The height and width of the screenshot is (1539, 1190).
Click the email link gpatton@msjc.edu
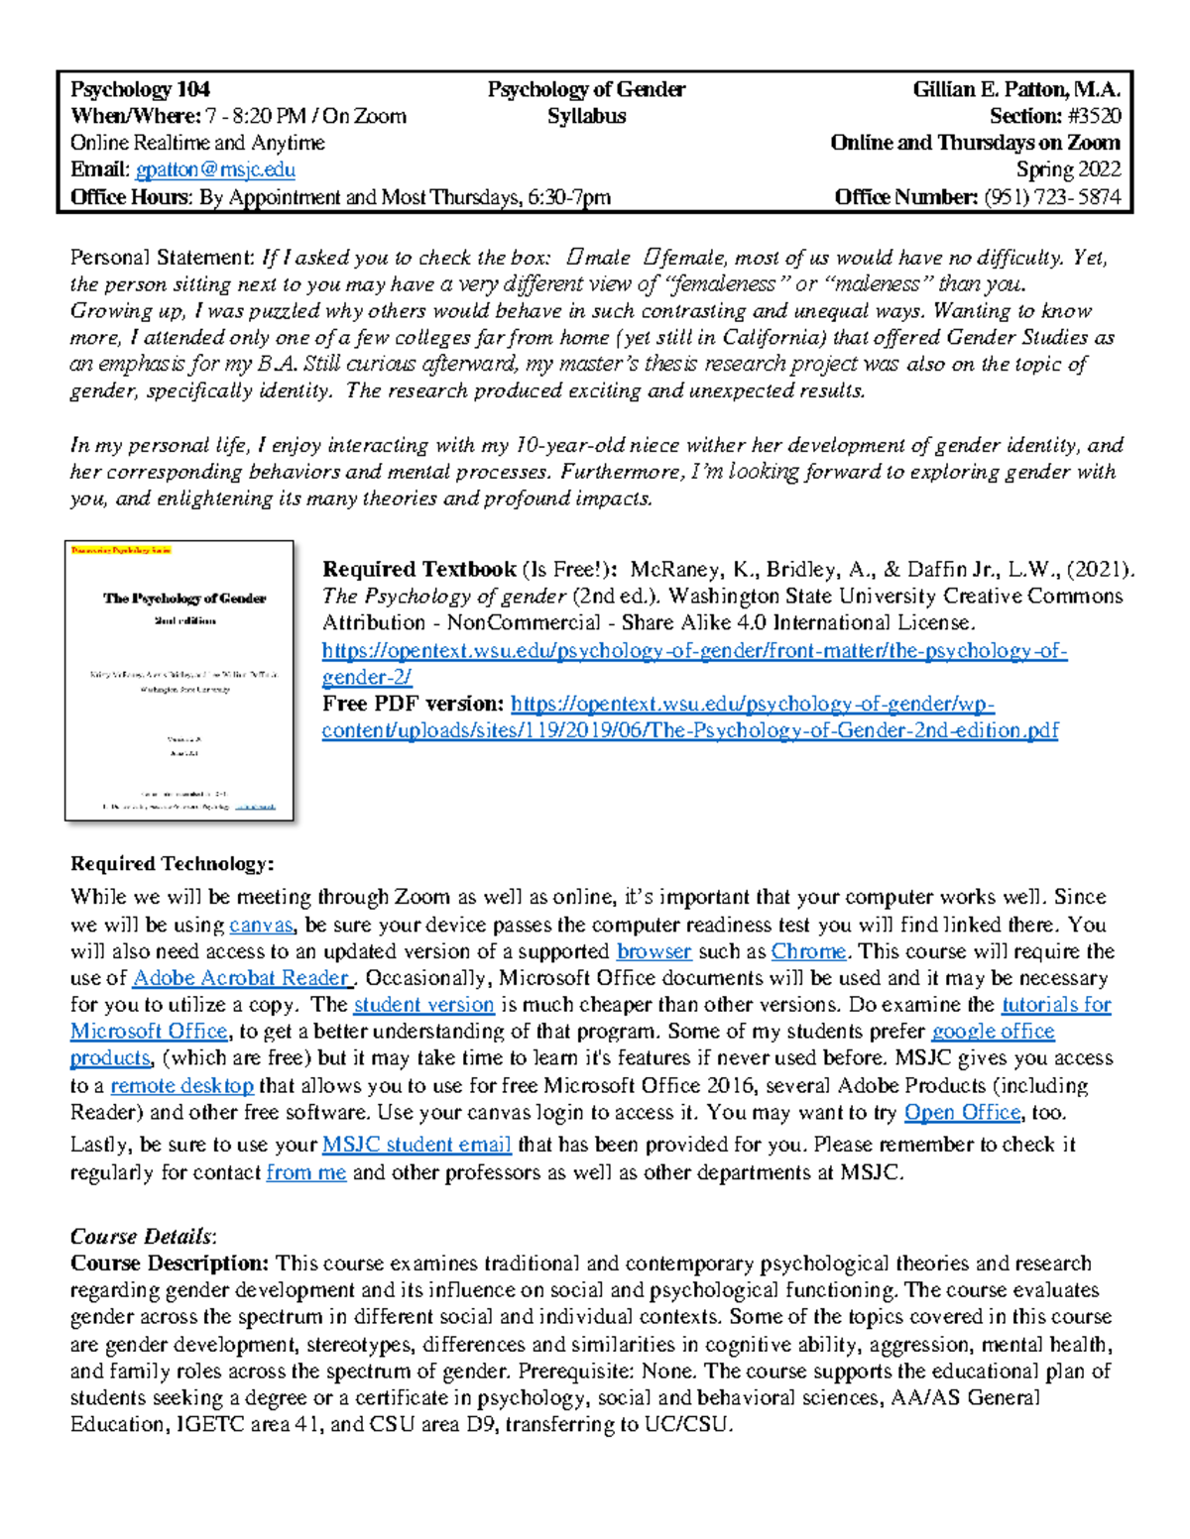[x=215, y=170]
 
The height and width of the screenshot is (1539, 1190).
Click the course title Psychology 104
[x=140, y=89]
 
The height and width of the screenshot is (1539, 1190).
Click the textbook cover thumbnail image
[x=179, y=681]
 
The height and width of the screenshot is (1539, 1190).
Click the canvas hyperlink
[x=261, y=925]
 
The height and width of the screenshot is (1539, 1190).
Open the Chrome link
[x=808, y=951]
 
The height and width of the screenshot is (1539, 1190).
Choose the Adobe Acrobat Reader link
[x=241, y=978]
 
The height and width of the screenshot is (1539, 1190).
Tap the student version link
[x=423, y=1005]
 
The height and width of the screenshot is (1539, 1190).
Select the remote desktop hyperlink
[x=181, y=1085]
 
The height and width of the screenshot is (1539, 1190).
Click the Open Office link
[x=962, y=1112]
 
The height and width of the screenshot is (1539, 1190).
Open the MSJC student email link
[x=416, y=1145]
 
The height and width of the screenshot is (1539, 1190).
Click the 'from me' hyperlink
[x=306, y=1173]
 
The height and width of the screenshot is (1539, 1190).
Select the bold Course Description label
[x=170, y=1264]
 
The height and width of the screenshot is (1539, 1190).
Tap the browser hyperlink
[x=654, y=951]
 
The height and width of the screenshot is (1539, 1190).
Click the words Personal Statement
[x=163, y=258]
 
